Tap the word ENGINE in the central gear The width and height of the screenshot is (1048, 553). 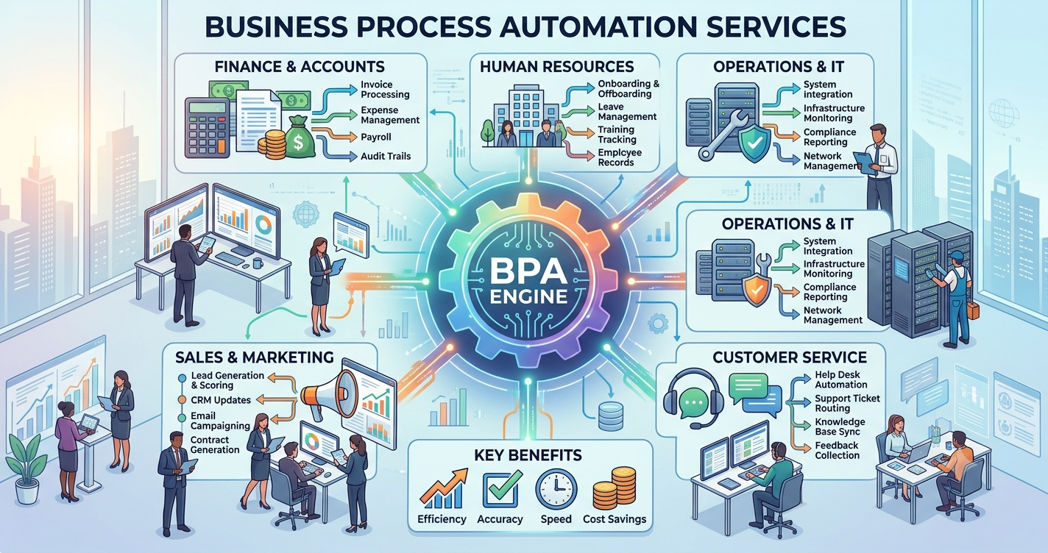pos(528,296)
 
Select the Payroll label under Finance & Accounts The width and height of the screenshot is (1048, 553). pos(375,138)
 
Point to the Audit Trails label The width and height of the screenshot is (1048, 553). pos(386,156)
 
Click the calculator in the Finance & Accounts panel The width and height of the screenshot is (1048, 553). pos(208,126)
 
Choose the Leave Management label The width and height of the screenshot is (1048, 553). pos(627,112)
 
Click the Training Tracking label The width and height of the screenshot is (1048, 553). pos(617,135)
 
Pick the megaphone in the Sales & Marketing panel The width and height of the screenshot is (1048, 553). pos(329,393)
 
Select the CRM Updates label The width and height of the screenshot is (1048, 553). pos(220,400)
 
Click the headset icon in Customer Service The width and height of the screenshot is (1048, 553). pos(693,397)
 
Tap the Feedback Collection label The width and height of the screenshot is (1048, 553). pos(837,451)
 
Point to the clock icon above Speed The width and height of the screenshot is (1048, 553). pos(556,489)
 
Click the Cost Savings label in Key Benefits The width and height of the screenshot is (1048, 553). pos(615,519)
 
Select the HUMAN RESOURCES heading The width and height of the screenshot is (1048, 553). pos(556,66)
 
